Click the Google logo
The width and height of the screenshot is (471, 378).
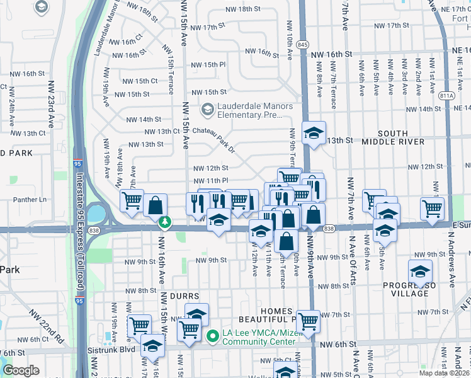[21, 370]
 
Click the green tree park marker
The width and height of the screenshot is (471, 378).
[165, 222]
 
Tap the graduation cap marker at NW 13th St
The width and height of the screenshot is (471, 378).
[313, 133]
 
